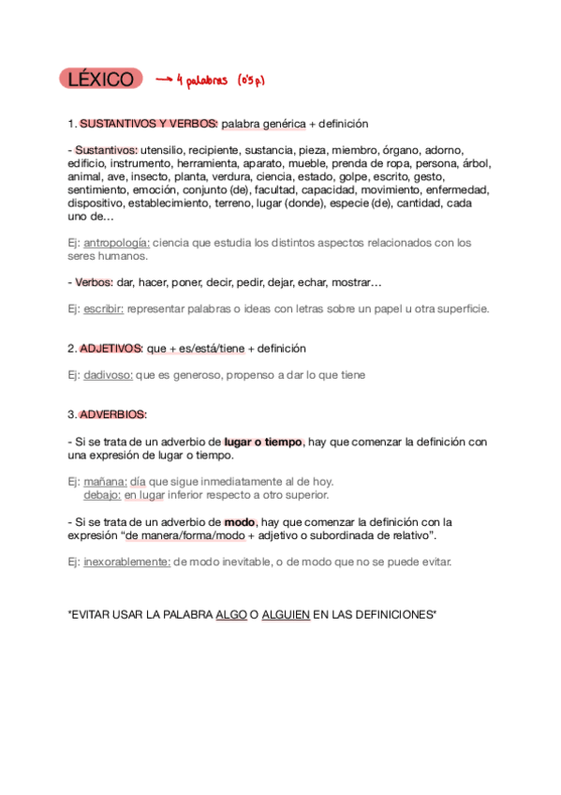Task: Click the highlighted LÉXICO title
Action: (x=100, y=80)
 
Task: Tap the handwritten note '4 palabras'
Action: (x=206, y=81)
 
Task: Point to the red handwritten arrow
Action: (x=165, y=81)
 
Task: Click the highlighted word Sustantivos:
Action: (x=106, y=150)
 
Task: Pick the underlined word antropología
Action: (x=116, y=242)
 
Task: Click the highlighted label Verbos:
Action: (x=94, y=282)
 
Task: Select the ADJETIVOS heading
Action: (x=111, y=348)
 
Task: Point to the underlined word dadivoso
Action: (x=108, y=375)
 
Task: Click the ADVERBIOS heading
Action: (x=113, y=414)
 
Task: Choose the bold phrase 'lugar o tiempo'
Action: (x=264, y=442)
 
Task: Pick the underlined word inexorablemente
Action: (x=126, y=562)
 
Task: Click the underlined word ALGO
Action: (x=230, y=614)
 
